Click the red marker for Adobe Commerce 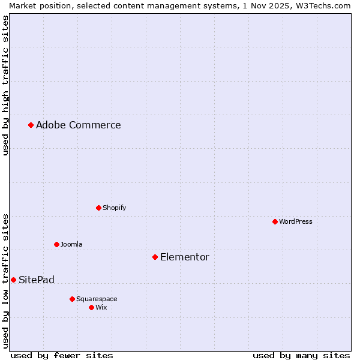click(31, 125)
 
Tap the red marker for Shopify click(98, 208)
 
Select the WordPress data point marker click(275, 221)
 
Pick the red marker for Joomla click(56, 244)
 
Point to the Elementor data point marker click(155, 257)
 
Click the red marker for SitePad click(13, 280)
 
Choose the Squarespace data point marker click(72, 299)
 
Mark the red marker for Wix click(91, 307)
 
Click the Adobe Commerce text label click(78, 125)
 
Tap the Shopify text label click(114, 208)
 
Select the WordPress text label click(295, 221)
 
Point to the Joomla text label click(71, 244)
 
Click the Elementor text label click(184, 257)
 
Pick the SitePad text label click(36, 280)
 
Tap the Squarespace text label click(97, 299)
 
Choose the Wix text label click(101, 307)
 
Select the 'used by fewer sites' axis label click(62, 355)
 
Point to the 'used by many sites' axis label click(301, 355)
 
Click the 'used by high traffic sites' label click(5, 85)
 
